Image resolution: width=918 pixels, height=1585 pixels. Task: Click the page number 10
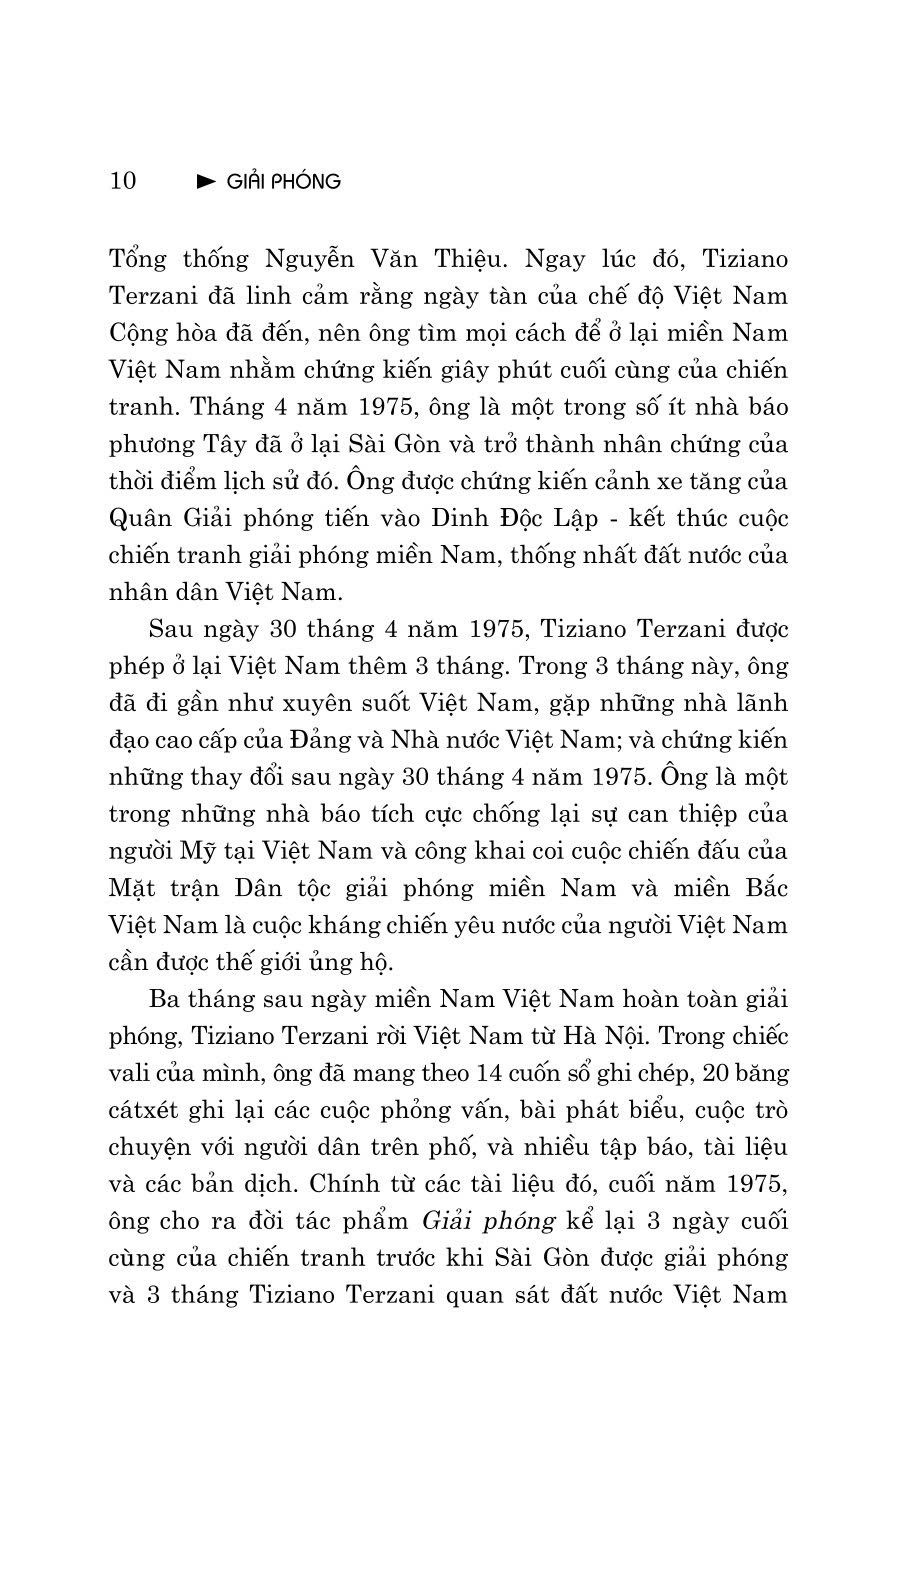click(122, 181)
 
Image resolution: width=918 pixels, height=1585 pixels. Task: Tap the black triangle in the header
click(206, 181)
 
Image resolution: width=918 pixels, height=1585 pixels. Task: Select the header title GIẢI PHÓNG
click(283, 181)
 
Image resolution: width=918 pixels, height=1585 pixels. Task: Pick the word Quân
click(138, 519)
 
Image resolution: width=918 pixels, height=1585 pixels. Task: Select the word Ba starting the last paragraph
click(164, 999)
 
